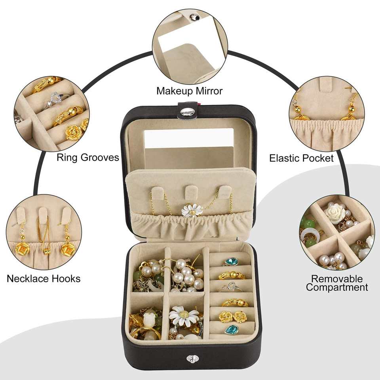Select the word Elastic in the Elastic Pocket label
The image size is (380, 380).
pos(284,158)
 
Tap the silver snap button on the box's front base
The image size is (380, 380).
pos(191,359)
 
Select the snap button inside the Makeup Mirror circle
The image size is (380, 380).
pos(194,17)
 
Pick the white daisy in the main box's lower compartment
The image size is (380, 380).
pos(184,315)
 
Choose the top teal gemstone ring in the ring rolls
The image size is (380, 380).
pos(232,262)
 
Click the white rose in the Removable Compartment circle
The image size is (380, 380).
pos(335,213)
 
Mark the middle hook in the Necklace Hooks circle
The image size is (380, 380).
pos(43,216)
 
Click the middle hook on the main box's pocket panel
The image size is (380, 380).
pos(191,192)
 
